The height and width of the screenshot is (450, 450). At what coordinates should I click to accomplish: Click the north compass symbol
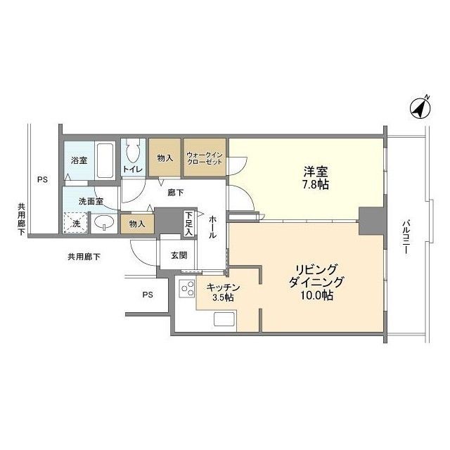pyautogui.click(x=420, y=108)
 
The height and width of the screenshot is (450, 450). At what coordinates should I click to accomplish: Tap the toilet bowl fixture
pyautogui.click(x=133, y=151)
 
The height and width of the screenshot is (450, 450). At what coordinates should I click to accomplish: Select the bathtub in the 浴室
pyautogui.click(x=105, y=160)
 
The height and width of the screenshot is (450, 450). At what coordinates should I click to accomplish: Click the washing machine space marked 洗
pyautogui.click(x=75, y=223)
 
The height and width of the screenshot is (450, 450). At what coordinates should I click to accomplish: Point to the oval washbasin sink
pyautogui.click(x=104, y=222)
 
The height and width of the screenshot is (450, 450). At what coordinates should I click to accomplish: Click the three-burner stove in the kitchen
pyautogui.click(x=188, y=288)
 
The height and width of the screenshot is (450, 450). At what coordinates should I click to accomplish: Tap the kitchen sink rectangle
pyautogui.click(x=224, y=319)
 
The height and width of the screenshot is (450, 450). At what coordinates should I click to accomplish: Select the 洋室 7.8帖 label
pyautogui.click(x=316, y=178)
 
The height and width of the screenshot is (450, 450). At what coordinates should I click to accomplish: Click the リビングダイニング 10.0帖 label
pyautogui.click(x=316, y=282)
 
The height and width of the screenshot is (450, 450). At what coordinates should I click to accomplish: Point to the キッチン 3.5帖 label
pyautogui.click(x=223, y=292)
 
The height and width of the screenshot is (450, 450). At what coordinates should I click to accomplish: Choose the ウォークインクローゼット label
pyautogui.click(x=205, y=158)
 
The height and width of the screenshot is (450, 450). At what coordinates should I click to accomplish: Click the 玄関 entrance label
pyautogui.click(x=179, y=255)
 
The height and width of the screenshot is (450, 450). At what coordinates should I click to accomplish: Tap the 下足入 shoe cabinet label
pyautogui.click(x=188, y=224)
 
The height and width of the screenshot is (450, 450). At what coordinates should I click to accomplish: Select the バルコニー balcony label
pyautogui.click(x=405, y=237)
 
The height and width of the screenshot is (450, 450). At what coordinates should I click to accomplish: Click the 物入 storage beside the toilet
pyautogui.click(x=165, y=157)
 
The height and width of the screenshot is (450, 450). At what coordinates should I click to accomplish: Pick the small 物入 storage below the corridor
pyautogui.click(x=137, y=224)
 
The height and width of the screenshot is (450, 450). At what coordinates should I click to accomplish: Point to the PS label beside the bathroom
pyautogui.click(x=42, y=180)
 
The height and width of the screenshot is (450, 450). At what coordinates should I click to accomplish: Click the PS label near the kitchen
pyautogui.click(x=148, y=295)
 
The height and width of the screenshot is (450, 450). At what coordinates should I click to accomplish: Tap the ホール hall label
pyautogui.click(x=212, y=227)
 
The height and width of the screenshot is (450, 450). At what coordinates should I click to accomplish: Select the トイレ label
pyautogui.click(x=133, y=169)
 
